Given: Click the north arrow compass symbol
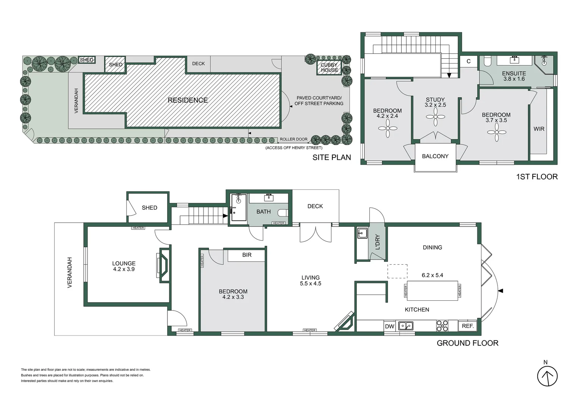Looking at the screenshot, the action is (x=547, y=376).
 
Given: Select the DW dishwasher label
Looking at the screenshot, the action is (x=390, y=326).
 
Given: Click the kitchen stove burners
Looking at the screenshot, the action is (x=442, y=326).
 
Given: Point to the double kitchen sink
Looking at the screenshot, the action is (x=405, y=326).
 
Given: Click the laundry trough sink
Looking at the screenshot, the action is (x=362, y=233).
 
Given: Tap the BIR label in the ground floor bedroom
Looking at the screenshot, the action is (x=247, y=255).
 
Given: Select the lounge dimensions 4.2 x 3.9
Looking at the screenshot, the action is (x=124, y=269).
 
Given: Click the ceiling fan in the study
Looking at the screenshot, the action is (x=435, y=117).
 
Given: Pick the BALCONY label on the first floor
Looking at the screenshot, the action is (x=435, y=156).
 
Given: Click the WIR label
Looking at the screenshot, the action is (x=539, y=129).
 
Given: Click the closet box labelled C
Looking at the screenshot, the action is (x=469, y=61).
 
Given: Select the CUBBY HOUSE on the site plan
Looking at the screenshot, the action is (x=329, y=68).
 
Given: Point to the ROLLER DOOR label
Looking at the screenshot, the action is (x=294, y=139).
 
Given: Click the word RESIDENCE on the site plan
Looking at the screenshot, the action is (x=188, y=100).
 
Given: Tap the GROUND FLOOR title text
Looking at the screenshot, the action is (x=468, y=343).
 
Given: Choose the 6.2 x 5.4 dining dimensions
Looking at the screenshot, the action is (x=432, y=275).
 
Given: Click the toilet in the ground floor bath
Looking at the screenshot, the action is (x=283, y=213).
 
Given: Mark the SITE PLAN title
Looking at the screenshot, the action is (x=332, y=157).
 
